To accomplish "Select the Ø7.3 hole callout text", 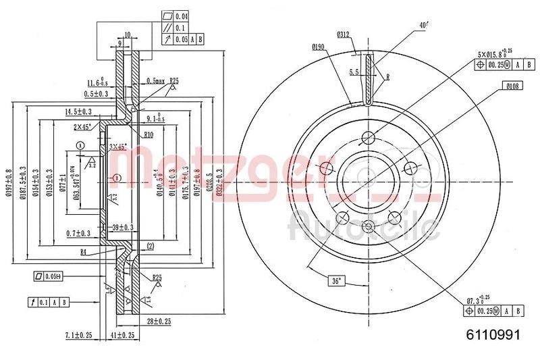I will point(477,299).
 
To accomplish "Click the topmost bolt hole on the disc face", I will point(368,137).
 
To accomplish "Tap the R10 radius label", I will point(149,135).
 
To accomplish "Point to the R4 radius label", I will point(83,252).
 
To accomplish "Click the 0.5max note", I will point(157,81).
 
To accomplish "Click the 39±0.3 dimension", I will point(124,227).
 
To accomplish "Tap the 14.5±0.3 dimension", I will point(79,111).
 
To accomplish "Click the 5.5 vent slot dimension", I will point(353,72).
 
